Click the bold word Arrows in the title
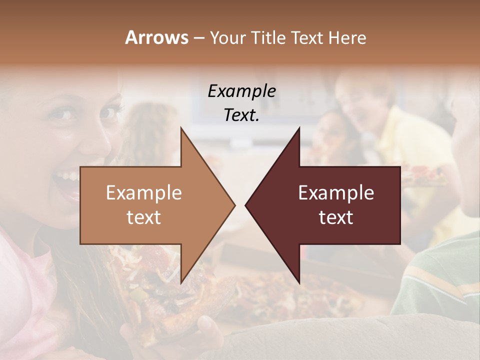(x=156, y=37)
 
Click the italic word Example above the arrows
(x=241, y=91)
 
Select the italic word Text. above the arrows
(x=241, y=115)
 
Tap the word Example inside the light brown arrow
(x=144, y=193)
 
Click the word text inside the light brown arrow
(x=144, y=217)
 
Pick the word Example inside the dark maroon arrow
(x=336, y=193)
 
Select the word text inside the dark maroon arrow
(x=336, y=217)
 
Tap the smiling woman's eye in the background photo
(x=65, y=114)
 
